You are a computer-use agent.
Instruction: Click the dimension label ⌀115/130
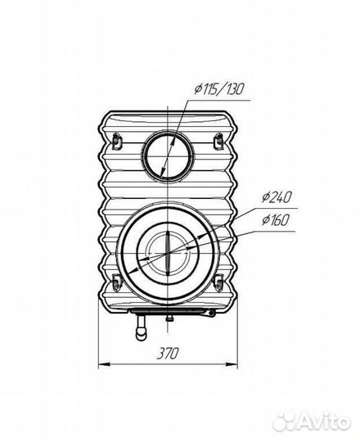(x=218, y=90)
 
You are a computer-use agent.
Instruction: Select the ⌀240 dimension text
(x=276, y=197)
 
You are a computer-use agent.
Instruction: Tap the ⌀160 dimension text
(x=275, y=220)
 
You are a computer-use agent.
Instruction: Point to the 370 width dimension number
(x=168, y=354)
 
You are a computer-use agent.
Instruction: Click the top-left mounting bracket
(x=116, y=141)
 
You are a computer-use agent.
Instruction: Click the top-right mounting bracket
(x=218, y=141)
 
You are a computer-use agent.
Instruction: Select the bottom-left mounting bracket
(x=116, y=282)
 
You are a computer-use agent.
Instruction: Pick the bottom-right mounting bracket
(x=218, y=282)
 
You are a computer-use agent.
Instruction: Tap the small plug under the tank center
(x=169, y=318)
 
